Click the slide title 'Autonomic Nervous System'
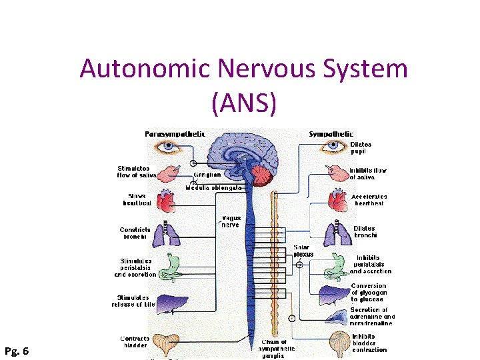point(243,69)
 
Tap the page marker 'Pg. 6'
point(16,350)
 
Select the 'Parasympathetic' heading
point(175,134)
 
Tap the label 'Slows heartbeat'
point(137,199)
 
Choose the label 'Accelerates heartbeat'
point(369,199)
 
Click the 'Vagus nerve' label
point(231,221)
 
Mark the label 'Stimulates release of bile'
point(133,301)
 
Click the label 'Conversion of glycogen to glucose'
point(369,293)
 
